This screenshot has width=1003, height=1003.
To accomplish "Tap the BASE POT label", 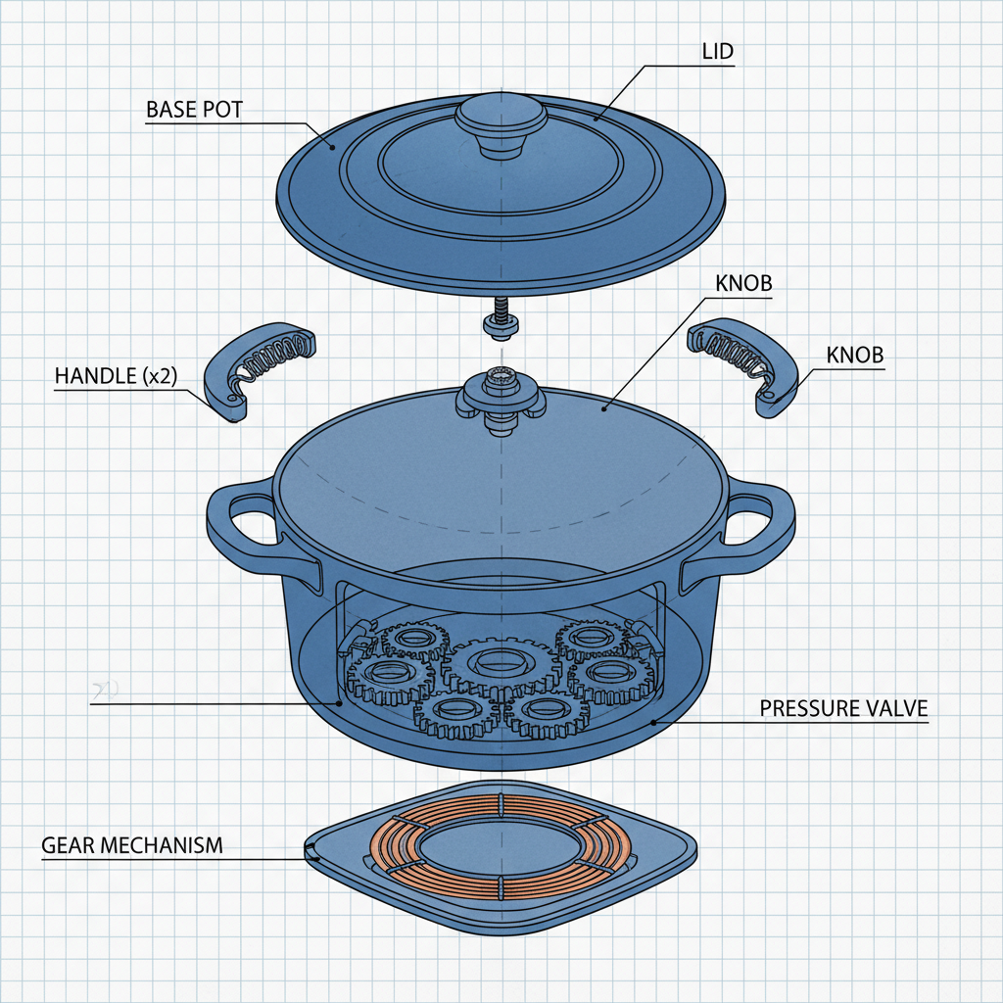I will pos(193,110).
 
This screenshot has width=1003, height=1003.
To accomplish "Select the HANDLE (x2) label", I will pos(116,376).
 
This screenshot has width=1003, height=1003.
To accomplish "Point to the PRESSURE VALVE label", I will pos(843,707).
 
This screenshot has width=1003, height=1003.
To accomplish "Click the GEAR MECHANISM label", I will pos(132,844).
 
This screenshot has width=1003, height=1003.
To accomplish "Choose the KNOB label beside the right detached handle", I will pos(855,356).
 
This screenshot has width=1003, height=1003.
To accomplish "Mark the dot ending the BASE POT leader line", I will pos(332,148).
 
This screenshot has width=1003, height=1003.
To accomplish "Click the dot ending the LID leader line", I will pos(595,119).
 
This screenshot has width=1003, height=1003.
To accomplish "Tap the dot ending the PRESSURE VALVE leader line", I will pos(653,724).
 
